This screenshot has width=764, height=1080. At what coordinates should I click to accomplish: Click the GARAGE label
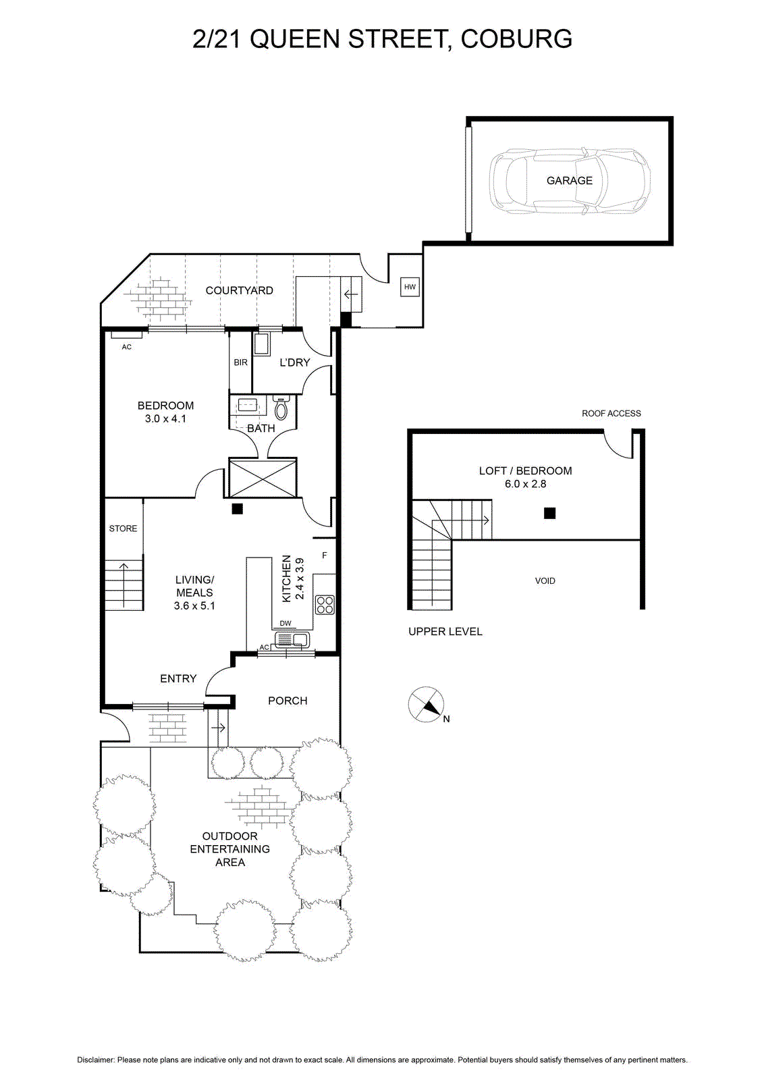tap(569, 180)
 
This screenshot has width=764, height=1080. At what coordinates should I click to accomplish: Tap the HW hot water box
tap(409, 288)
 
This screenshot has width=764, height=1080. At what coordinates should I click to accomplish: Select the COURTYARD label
tap(239, 290)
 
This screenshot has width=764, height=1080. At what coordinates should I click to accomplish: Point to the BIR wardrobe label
tap(240, 362)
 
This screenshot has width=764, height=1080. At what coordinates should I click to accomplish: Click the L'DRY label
tap(294, 362)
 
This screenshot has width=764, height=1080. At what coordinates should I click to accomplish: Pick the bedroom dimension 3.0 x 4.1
tap(165, 418)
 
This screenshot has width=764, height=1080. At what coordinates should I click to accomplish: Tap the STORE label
tap(123, 529)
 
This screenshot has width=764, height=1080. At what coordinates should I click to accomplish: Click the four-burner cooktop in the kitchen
tap(325, 605)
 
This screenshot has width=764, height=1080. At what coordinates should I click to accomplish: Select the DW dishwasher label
tap(285, 623)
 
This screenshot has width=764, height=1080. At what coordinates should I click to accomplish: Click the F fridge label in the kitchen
tap(325, 556)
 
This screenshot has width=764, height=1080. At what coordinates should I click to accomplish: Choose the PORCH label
tap(288, 701)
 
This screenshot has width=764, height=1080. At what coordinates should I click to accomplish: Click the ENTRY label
tap(178, 678)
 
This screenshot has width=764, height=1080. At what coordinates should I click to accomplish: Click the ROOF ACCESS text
tap(611, 413)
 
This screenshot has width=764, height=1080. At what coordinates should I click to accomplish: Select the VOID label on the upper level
tap(545, 581)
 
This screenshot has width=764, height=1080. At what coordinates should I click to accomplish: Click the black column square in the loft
tap(549, 513)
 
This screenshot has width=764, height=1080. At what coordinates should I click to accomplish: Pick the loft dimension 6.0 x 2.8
tap(525, 483)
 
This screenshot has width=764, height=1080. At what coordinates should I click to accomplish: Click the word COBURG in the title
tap(516, 38)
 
